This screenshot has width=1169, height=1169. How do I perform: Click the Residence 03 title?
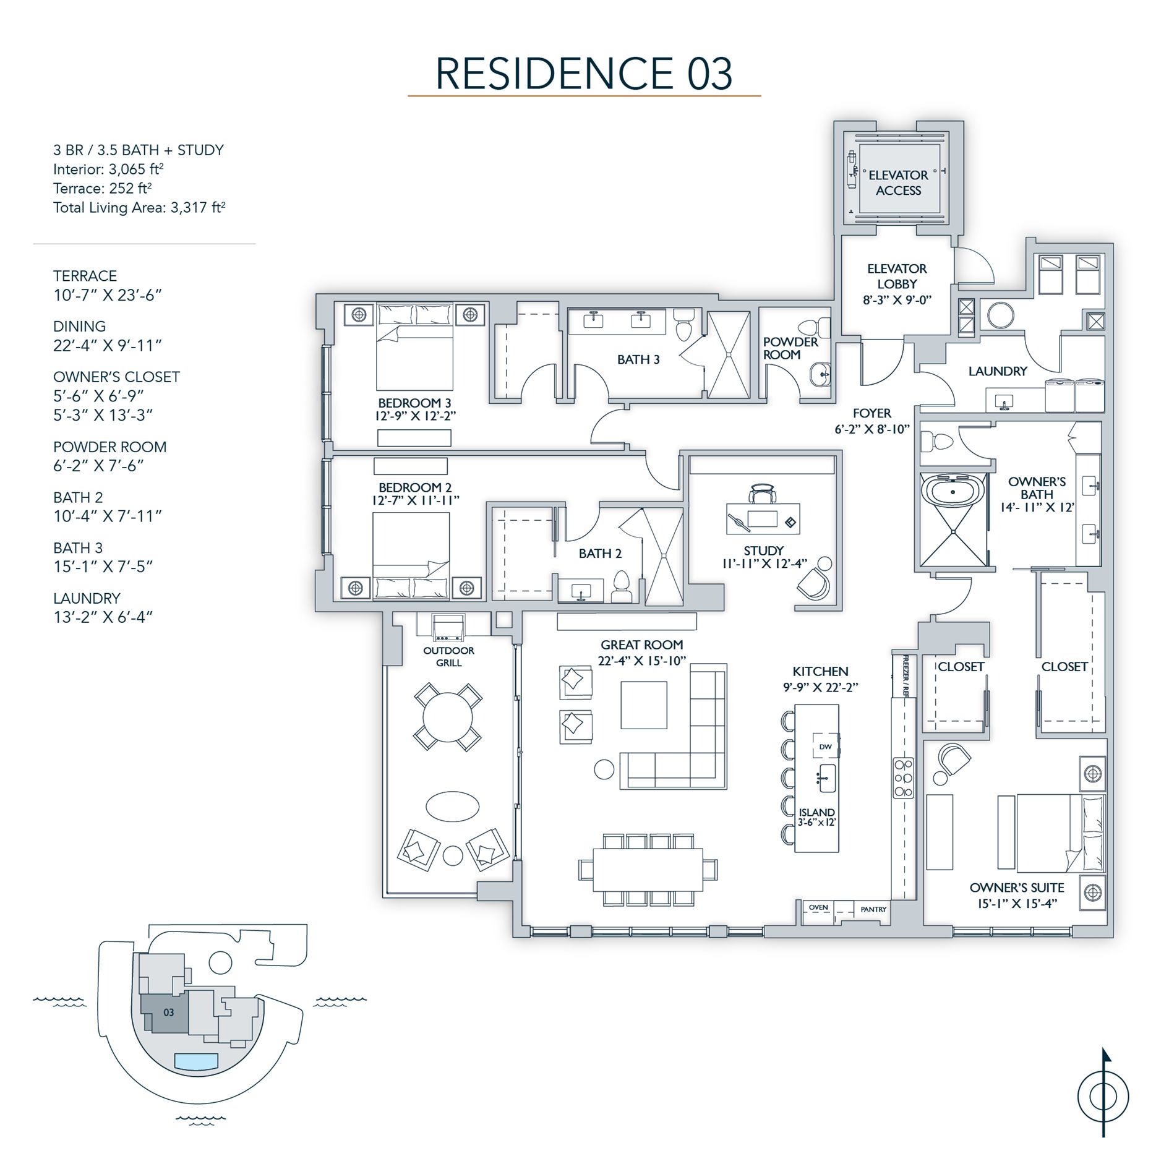584,74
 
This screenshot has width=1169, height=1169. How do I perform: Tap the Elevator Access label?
898,182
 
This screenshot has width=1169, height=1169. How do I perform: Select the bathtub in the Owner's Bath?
953,493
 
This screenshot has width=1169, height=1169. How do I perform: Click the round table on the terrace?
448,717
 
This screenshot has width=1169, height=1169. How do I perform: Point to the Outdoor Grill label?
448,656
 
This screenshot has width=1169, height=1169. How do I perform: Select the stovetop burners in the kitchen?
903,778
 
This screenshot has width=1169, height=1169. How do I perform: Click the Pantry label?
873,909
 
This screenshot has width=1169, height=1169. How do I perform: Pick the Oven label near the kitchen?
818,907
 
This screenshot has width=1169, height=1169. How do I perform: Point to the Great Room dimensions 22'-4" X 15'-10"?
642,661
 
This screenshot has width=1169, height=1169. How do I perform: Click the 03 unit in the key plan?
168,1013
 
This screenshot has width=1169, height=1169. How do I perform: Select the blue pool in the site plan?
196,1061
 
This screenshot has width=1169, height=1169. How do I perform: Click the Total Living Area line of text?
139,207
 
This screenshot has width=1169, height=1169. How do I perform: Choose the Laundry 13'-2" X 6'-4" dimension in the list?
103,617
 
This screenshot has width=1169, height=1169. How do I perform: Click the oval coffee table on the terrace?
452,807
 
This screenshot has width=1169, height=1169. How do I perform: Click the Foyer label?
871,413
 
